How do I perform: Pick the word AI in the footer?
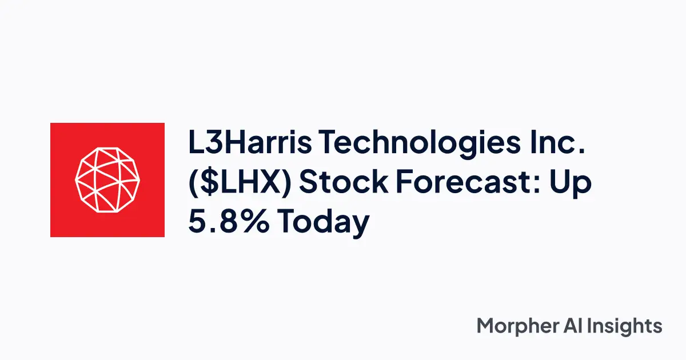577,326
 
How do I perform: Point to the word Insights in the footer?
628,326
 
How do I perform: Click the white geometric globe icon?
107,180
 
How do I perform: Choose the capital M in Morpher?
485,326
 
